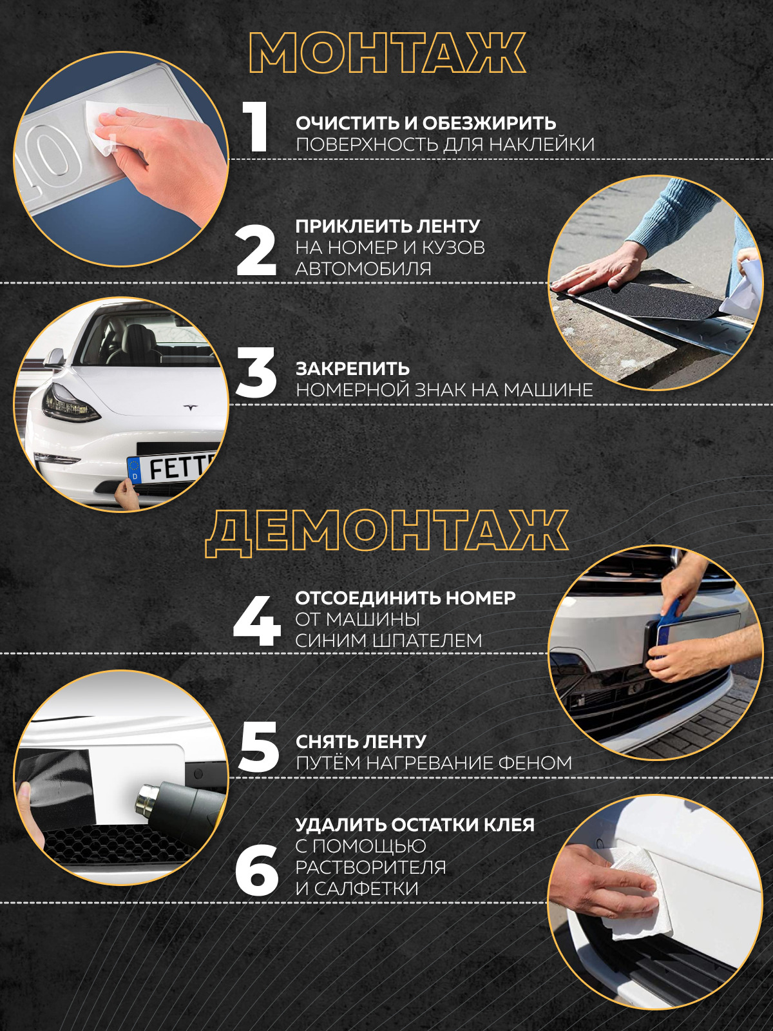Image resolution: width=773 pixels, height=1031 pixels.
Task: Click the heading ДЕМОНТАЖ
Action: click(386, 536)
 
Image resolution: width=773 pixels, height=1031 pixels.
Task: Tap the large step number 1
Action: click(256, 127)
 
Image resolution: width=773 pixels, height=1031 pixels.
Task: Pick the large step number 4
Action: click(257, 621)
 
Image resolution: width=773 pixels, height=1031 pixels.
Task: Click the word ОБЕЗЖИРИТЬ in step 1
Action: click(489, 124)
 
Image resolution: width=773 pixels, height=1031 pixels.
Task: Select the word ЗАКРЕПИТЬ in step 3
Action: click(352, 369)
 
